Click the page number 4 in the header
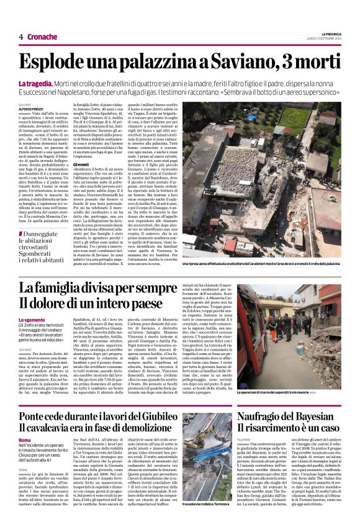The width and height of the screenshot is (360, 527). click(20, 37)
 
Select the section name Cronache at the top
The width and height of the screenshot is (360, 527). click(43, 37)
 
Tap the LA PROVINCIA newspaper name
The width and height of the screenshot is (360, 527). click(328, 32)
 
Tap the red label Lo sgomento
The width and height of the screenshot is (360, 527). click(31, 320)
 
